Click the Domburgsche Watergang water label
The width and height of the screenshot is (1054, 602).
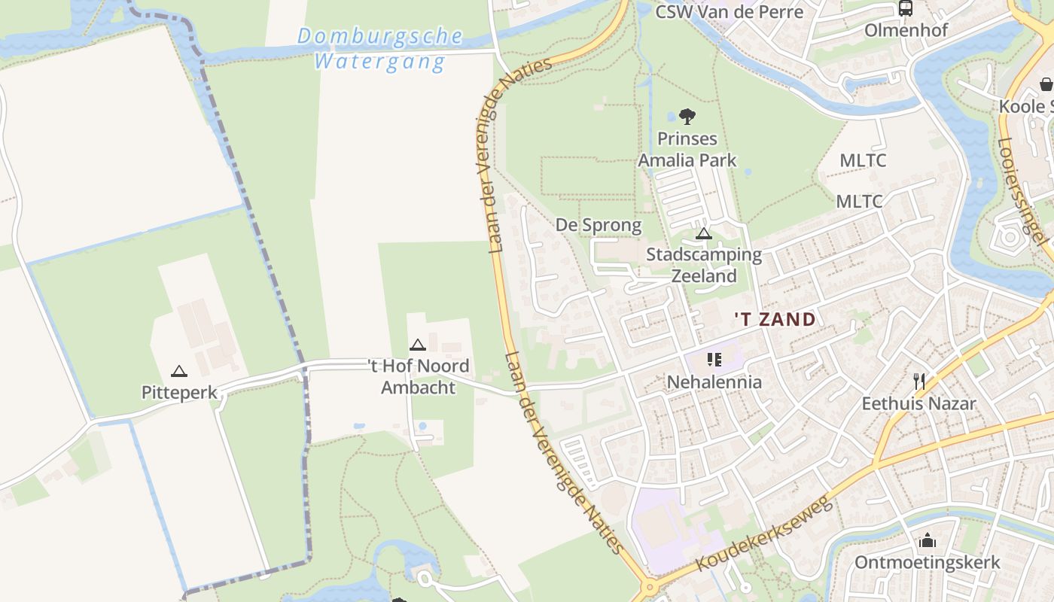380,48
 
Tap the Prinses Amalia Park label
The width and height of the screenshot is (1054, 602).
687,149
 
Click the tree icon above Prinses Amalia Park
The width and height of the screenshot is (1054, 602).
687,117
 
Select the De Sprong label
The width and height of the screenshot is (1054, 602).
599,225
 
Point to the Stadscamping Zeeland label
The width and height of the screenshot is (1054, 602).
704,265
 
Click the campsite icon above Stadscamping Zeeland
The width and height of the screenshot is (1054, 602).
704,234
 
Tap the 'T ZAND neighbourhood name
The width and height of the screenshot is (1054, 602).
775,319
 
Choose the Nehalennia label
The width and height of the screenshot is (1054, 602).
714,382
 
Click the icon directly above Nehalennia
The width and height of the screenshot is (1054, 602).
714,360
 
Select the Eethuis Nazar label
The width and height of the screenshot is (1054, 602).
918,403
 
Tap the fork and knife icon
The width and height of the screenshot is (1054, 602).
918,381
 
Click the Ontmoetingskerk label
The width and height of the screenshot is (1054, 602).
927,562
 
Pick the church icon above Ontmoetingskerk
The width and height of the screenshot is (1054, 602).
927,540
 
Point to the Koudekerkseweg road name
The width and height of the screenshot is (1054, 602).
764,533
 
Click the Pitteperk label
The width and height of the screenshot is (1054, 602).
179,392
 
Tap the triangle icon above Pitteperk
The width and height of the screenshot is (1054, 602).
178,371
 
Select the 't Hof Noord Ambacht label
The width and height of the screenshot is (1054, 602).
419,376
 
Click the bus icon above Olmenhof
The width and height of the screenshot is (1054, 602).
906,9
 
